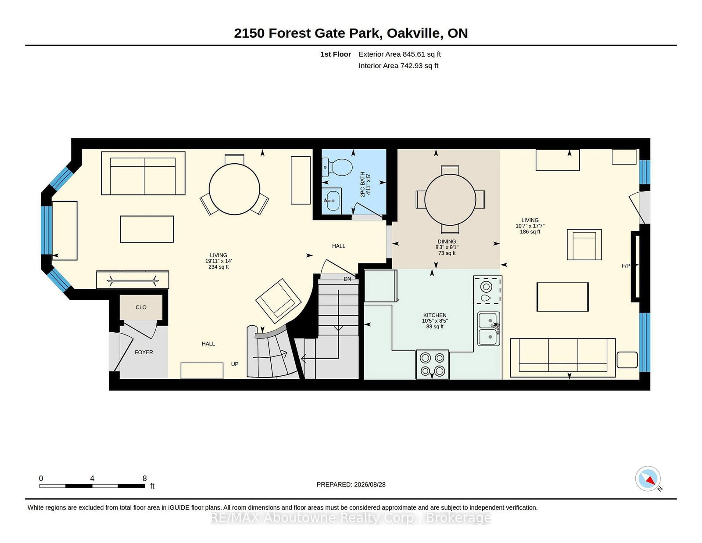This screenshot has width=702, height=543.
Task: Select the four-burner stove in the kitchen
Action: click(432, 364)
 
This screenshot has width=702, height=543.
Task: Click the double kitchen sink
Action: click(489, 328)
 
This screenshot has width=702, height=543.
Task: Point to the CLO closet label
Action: click(141, 307)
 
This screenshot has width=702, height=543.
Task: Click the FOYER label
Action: click(144, 352)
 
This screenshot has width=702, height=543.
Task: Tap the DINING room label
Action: click(447, 241)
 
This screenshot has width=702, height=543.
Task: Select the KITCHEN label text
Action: click(435, 315)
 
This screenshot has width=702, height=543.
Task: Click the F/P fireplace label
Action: click(626, 266)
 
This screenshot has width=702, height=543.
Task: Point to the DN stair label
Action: click(347, 279)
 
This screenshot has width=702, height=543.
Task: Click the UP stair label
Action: click(235, 364)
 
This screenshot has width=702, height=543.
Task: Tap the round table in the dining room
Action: click(450, 200)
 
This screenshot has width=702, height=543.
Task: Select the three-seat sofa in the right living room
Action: click(562, 358)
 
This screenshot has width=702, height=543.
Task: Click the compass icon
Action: click(648, 478)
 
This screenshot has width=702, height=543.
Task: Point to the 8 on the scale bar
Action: click(144, 478)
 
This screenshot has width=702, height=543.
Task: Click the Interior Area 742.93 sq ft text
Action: click(398, 65)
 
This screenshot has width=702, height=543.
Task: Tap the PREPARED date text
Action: click(351, 485)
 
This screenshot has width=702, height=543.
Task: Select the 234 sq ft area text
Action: click(218, 266)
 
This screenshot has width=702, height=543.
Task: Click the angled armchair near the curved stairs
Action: click(278, 301)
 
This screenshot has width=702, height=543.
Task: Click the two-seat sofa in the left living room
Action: click(143, 173)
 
